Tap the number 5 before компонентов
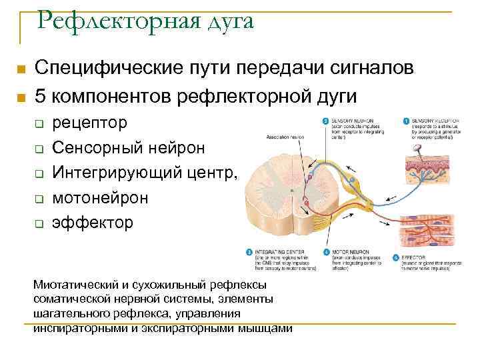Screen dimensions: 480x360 pyautogui.click(x=41, y=96)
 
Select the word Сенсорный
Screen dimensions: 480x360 pyautogui.click(x=93, y=148)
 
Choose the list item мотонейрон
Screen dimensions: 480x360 pyautogui.click(x=101, y=197)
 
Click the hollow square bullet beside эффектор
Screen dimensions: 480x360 pyautogui.click(x=39, y=223)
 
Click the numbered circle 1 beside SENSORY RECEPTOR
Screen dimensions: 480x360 pyautogui.click(x=406, y=121)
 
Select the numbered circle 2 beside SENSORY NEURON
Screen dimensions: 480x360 pyautogui.click(x=325, y=121)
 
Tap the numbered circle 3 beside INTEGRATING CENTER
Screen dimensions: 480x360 pyautogui.click(x=249, y=253)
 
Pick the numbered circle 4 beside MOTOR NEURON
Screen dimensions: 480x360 pyautogui.click(x=326, y=253)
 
